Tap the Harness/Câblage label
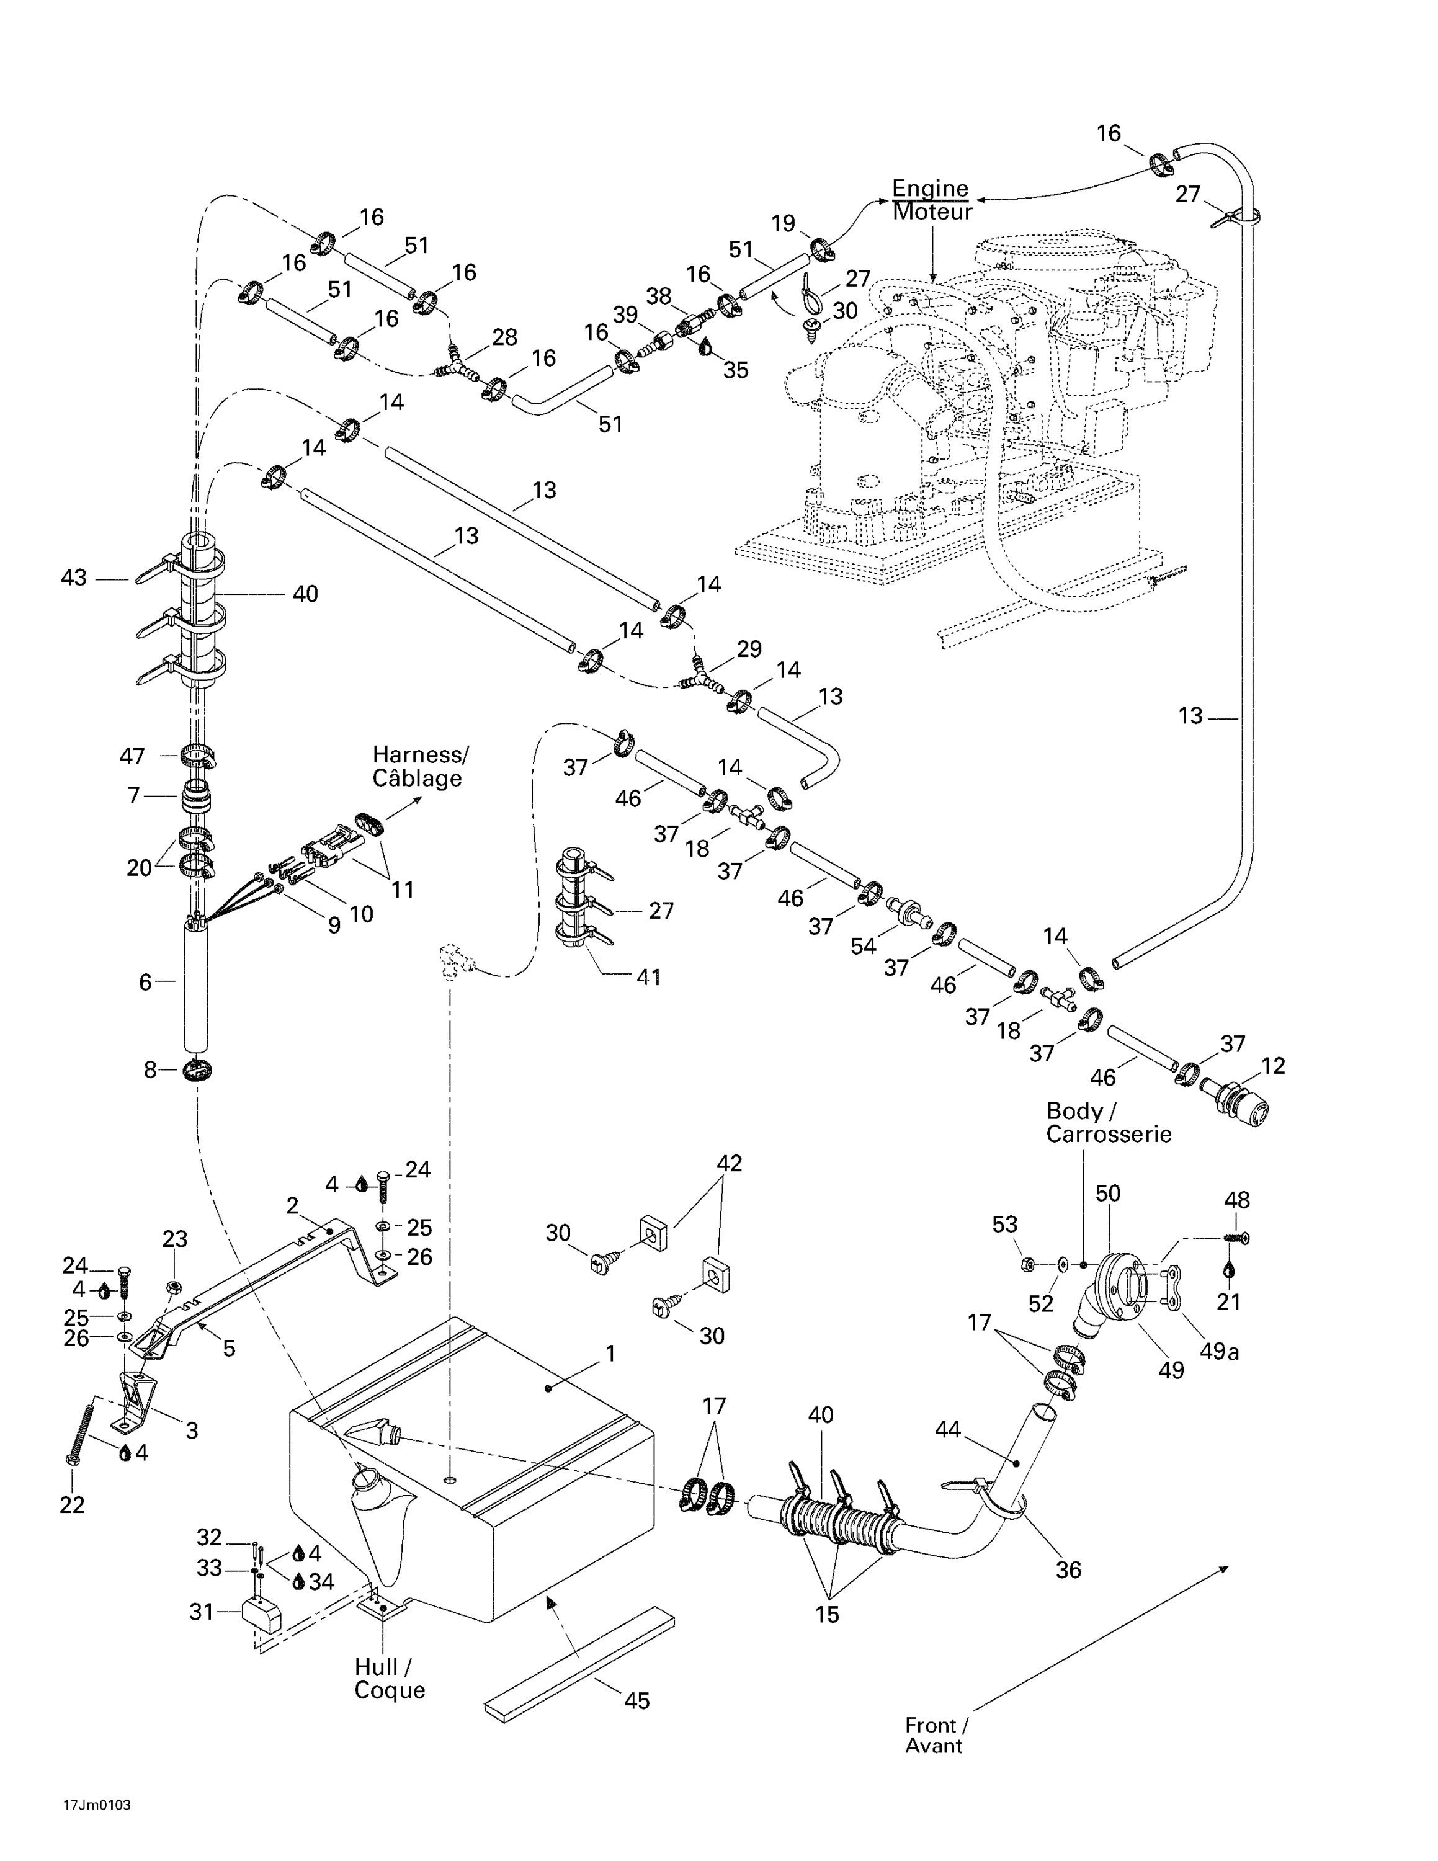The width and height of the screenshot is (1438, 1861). point(419,766)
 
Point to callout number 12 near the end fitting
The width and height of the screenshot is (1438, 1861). point(1273,1066)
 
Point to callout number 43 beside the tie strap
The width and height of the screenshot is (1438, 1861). point(73,578)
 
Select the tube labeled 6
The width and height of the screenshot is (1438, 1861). point(197,988)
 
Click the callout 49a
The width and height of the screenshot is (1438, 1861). point(1218,1352)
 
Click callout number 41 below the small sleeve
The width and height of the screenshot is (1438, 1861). point(648,976)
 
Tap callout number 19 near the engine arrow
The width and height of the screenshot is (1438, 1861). point(783,223)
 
